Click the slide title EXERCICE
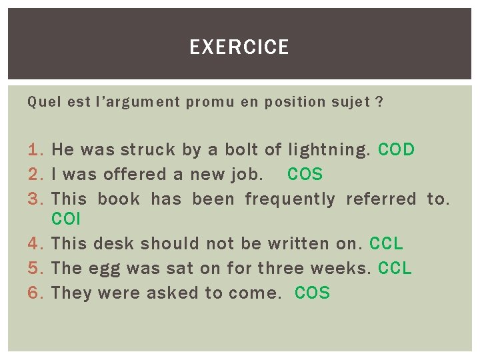239,47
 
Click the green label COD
396,149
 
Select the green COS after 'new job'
305,174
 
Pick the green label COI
65,219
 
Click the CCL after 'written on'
386,243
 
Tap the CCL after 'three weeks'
395,268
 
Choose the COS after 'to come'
312,293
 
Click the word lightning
327,150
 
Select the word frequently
290,199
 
